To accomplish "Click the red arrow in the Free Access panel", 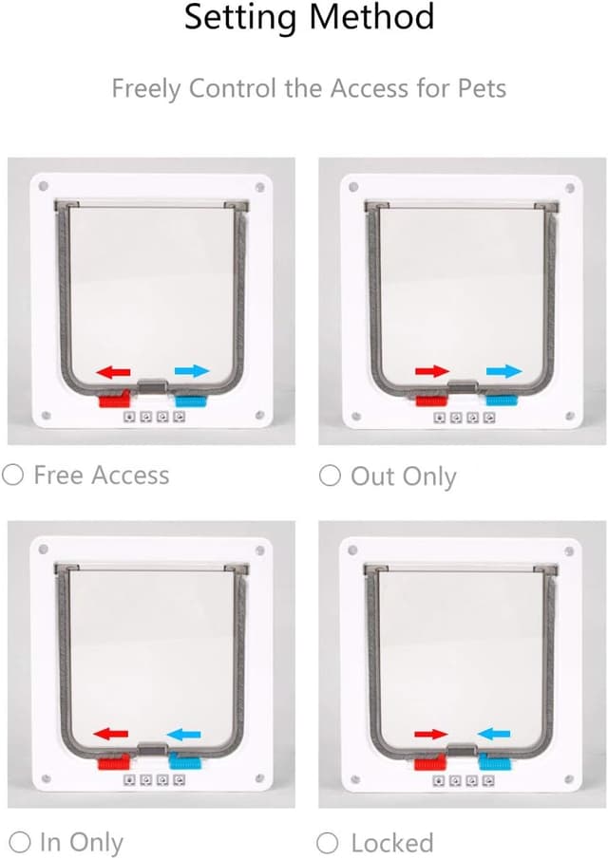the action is (x=113, y=372).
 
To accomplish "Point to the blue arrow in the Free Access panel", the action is (x=192, y=371).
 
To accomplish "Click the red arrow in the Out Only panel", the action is (x=432, y=371).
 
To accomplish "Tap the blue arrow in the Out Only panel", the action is (x=503, y=371).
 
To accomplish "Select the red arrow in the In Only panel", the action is (x=111, y=734).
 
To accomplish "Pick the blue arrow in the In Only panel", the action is (x=183, y=734).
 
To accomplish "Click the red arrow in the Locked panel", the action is (x=431, y=734).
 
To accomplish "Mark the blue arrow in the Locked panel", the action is (x=494, y=734).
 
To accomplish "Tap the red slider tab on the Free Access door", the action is (x=114, y=399).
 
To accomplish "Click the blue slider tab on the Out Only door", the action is (x=502, y=400).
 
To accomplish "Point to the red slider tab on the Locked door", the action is (x=431, y=762).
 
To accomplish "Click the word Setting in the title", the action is (x=241, y=17).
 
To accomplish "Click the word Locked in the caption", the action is (x=392, y=842).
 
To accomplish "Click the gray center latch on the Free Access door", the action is (x=153, y=386).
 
